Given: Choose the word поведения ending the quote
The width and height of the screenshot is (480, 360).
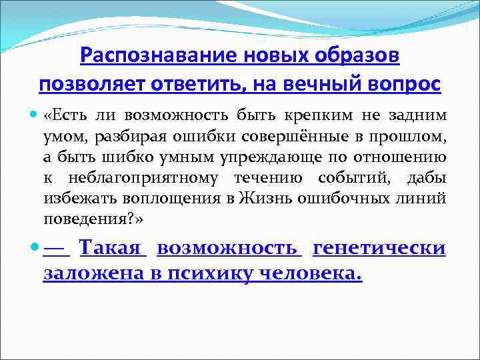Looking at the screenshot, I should click(80, 219).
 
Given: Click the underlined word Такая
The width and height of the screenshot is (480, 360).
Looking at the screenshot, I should click(111, 249).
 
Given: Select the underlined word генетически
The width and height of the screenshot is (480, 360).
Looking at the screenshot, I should click(379, 249).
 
